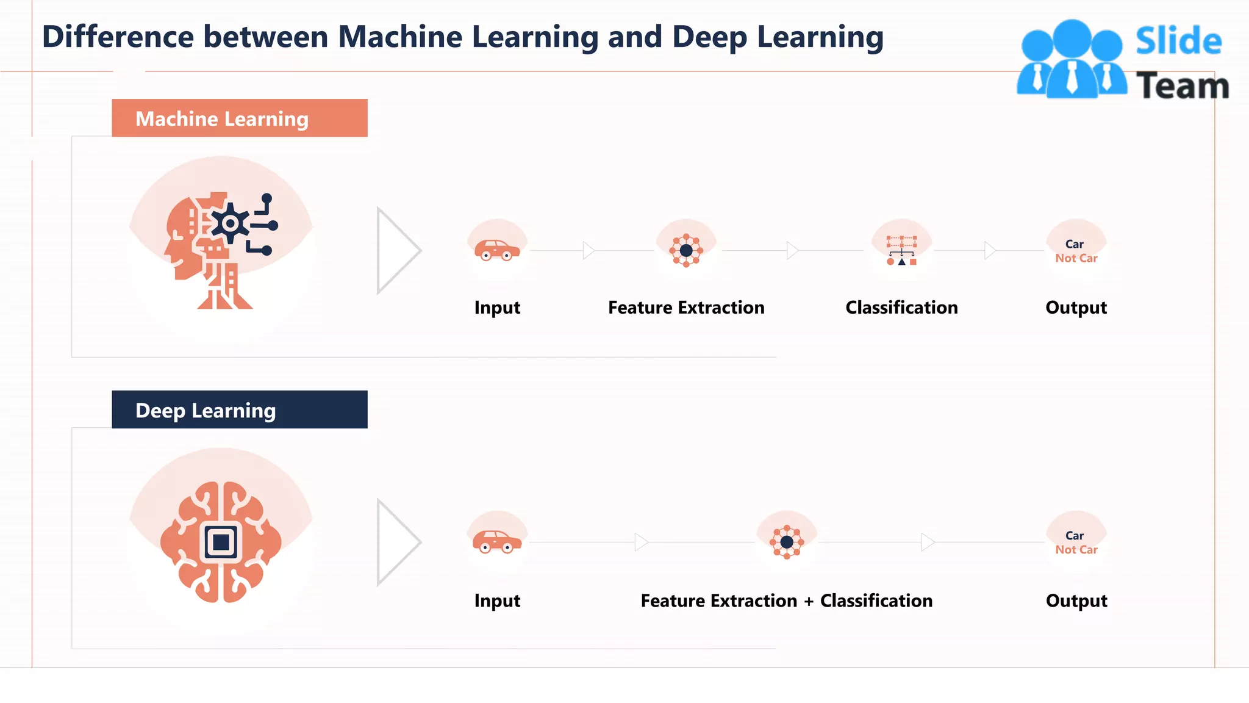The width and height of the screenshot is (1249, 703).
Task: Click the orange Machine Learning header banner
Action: [239, 118]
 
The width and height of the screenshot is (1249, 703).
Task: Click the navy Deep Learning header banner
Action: [239, 409]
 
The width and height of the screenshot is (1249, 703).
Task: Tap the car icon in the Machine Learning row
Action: [497, 250]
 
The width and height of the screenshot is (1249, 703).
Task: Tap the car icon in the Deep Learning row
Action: [497, 541]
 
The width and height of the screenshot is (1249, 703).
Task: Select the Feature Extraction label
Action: [686, 308]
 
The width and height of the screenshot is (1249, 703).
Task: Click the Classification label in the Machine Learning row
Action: [901, 308]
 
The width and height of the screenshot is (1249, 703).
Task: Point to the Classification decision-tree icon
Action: [901, 251]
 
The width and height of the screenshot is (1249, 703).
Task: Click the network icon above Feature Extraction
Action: [686, 250]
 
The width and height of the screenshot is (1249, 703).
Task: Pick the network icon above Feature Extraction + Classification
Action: [787, 542]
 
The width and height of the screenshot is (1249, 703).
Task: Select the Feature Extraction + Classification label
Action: [786, 601]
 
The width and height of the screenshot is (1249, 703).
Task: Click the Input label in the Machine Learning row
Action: [497, 308]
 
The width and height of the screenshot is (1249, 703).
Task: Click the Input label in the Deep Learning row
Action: [497, 601]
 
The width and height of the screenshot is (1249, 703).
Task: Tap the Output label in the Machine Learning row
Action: [1076, 308]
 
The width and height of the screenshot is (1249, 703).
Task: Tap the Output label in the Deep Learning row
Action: [1076, 601]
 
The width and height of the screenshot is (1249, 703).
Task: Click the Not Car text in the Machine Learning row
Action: [1076, 258]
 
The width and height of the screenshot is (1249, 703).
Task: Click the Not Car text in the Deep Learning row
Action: [1076, 550]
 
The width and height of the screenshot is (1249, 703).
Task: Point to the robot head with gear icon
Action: [220, 250]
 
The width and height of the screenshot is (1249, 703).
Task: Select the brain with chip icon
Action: [221, 542]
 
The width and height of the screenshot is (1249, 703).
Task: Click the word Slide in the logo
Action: [1178, 41]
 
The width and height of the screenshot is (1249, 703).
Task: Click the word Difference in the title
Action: [118, 37]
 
